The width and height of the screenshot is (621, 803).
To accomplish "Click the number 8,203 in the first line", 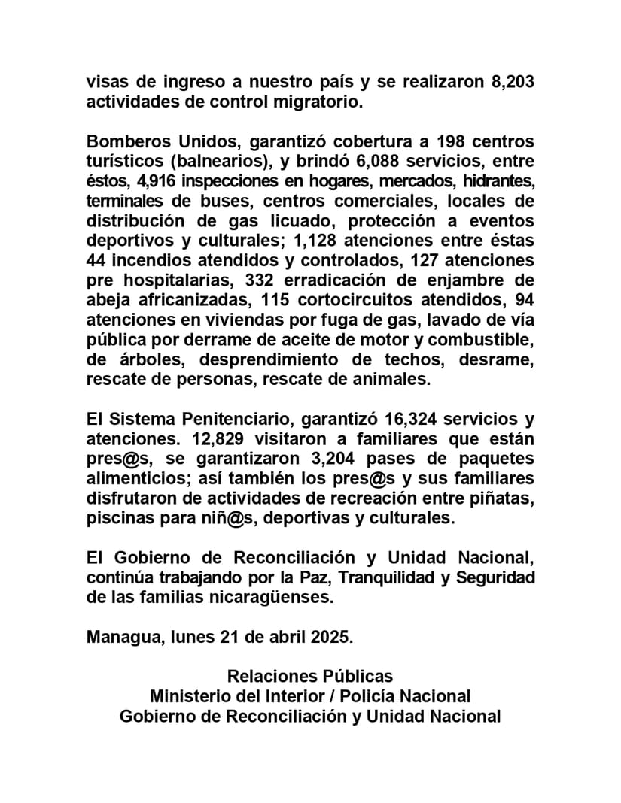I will (x=513, y=82).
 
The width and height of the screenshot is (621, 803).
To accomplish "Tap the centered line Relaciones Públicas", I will (x=310, y=676).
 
